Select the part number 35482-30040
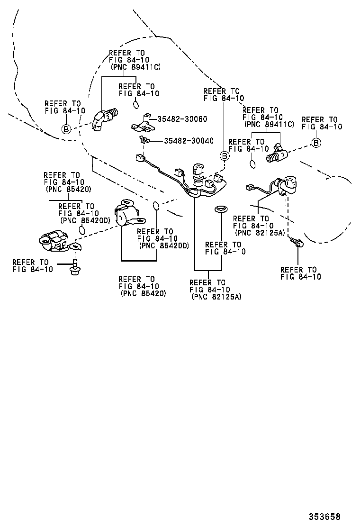coord(189,141)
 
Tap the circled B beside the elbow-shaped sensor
coord(66,128)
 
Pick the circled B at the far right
coord(316,143)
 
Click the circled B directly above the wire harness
coord(225,156)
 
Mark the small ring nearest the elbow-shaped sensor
coord(136,104)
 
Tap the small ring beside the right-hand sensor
coord(253,164)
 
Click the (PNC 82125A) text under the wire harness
coord(216,297)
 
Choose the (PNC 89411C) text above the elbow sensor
coord(135,67)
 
